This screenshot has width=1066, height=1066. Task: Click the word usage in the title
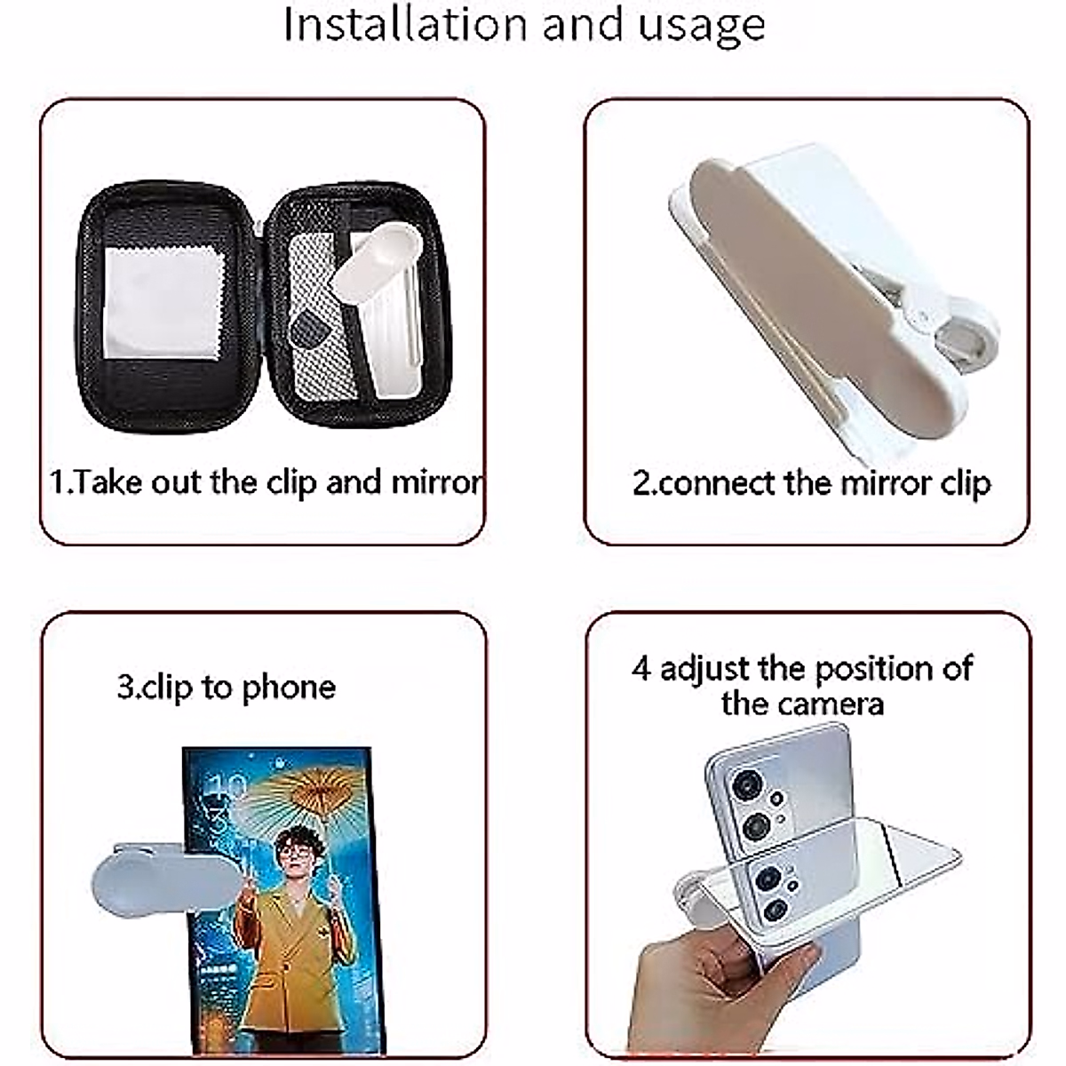click(x=701, y=26)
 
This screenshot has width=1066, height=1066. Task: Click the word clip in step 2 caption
click(x=964, y=483)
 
